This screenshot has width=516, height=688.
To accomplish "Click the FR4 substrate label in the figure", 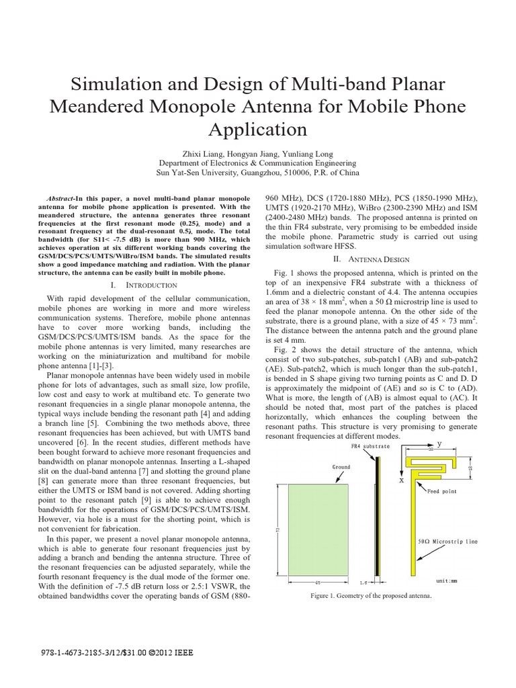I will click(369, 445).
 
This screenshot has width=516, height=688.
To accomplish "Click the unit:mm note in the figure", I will click(446, 580).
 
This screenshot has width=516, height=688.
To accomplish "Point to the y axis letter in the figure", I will click(458, 443).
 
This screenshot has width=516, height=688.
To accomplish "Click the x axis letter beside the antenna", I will click(401, 481).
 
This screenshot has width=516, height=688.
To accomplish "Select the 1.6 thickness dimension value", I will click(382, 583).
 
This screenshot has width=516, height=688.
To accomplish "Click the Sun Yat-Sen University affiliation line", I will click(257, 172).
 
